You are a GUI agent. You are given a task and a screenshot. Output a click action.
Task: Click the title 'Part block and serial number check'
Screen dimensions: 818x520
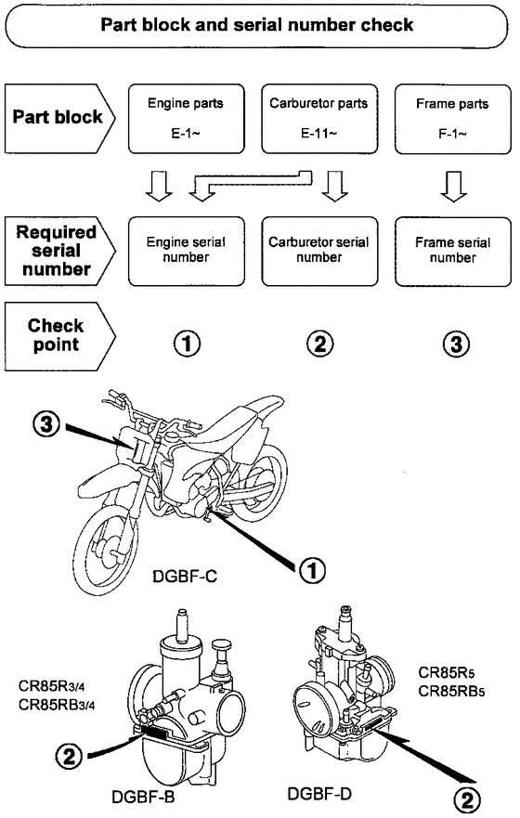259,24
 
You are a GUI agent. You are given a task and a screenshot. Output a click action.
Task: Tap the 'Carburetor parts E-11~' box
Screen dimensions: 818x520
319,117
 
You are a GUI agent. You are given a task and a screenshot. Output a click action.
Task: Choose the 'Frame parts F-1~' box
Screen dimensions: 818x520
452,117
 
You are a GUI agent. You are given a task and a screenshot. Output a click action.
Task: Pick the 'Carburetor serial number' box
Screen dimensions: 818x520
319,250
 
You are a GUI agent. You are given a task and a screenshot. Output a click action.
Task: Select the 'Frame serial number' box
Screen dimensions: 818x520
452,250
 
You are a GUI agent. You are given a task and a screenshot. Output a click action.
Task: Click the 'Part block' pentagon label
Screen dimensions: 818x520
58,118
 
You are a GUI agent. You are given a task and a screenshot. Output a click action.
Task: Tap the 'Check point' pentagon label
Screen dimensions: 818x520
58,336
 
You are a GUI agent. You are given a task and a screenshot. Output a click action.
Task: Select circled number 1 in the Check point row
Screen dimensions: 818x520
188,344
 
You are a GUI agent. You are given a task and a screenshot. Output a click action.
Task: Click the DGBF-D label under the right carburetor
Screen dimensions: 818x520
319,794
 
